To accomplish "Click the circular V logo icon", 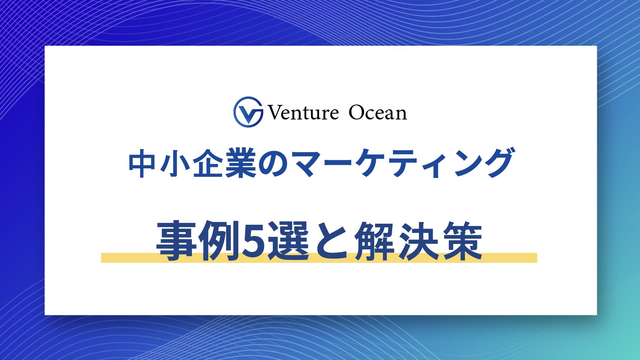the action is (x=248, y=112).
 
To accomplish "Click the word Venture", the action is (x=303, y=113).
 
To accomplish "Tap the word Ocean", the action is (x=378, y=113).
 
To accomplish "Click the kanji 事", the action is (x=176, y=241).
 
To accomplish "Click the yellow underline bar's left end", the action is (x=102, y=258).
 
